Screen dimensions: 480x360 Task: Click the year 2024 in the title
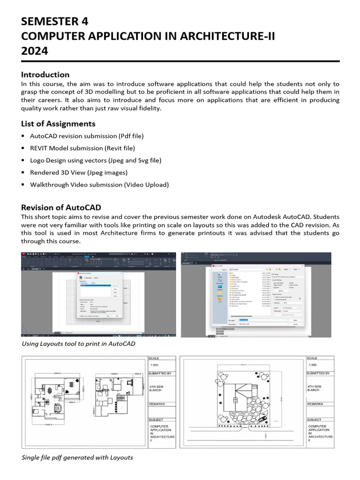point(34,51)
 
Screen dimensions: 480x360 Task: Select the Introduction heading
point(45,75)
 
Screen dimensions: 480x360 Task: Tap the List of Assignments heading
point(58,124)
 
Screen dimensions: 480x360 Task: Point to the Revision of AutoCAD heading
point(61,207)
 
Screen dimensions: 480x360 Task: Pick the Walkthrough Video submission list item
point(99,185)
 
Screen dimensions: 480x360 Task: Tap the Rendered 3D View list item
point(79,172)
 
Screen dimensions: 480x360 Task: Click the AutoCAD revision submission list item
point(87,136)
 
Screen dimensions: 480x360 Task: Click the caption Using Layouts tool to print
point(79,344)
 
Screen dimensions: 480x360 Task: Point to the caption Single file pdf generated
point(77,457)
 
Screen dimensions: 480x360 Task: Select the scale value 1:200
point(154,365)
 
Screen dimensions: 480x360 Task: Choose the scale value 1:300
point(313,365)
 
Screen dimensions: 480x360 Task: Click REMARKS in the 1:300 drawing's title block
point(315,404)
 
